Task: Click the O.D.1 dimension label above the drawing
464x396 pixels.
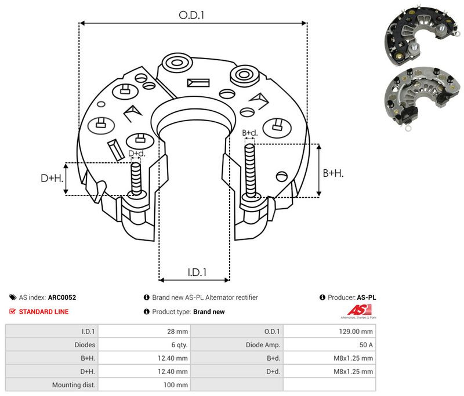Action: coord(191,15)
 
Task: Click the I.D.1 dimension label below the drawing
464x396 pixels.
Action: coord(197,273)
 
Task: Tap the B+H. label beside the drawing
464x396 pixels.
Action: coord(333,173)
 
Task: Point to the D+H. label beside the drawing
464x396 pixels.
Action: coord(52,178)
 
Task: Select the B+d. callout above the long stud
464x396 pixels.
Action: coord(250,133)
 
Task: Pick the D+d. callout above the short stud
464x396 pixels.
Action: coord(137,154)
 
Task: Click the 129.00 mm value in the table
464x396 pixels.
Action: coord(356,332)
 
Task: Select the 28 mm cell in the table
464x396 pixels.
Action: coord(177,332)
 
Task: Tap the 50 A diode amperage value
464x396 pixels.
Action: coord(366,345)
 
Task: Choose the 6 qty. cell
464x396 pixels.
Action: coord(179,345)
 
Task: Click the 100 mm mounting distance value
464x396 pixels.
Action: coord(176,385)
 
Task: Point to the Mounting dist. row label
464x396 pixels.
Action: coord(74,385)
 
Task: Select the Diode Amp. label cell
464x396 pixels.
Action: coord(263,345)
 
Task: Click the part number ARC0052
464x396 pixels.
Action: coord(62,297)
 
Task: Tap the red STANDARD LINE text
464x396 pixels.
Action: coord(44,312)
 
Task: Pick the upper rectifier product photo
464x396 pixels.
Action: coord(422,36)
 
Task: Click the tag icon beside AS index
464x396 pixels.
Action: coord(13,297)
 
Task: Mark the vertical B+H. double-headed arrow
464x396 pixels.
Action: coord(318,170)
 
